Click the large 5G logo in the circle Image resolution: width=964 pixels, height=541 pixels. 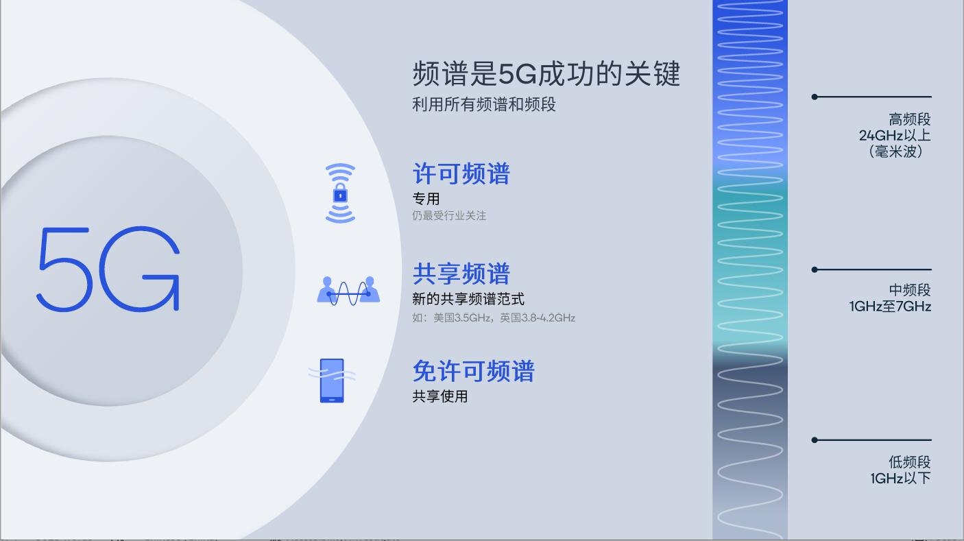click(108, 269)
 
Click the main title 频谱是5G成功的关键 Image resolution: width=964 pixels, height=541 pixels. click(546, 74)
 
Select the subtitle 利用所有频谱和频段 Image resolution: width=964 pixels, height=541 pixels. click(483, 105)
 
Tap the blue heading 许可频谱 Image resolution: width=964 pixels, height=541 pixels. click(461, 174)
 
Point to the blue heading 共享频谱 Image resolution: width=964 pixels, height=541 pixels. click(461, 274)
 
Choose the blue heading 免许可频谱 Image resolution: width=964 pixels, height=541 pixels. click(473, 372)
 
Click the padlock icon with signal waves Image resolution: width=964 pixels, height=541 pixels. click(340, 193)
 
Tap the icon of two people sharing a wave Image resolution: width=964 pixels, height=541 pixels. click(348, 291)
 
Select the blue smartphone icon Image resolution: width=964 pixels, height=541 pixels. click(332, 381)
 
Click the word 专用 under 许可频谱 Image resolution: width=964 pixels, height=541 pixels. click(426, 199)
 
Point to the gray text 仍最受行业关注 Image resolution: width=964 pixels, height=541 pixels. click(449, 216)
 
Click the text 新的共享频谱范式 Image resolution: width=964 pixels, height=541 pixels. click(468, 299)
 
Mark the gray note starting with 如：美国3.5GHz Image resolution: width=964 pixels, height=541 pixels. click(494, 317)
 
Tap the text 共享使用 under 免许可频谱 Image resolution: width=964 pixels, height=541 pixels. click(439, 396)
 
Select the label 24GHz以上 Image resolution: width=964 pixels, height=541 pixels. click(894, 136)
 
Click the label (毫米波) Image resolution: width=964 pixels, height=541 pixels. click(895, 152)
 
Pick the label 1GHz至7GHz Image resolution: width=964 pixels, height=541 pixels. click(890, 306)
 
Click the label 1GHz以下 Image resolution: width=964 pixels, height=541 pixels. click(900, 479)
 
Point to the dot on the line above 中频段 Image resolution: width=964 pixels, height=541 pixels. click(815, 269)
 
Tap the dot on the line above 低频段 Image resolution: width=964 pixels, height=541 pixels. click(815, 440)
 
